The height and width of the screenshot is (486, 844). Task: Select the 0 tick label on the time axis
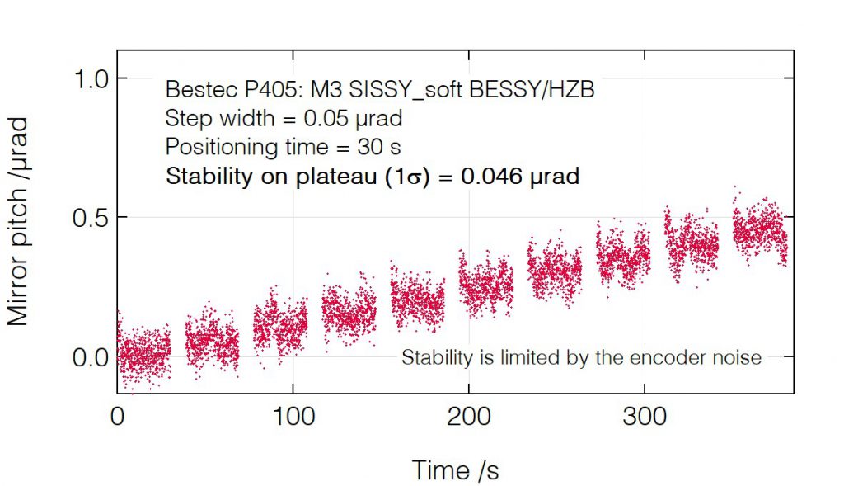[x=117, y=416]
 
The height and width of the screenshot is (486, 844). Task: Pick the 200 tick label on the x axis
[x=468, y=416]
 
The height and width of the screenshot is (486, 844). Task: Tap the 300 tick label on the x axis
[x=644, y=416]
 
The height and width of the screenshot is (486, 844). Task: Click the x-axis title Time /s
[x=455, y=469]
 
